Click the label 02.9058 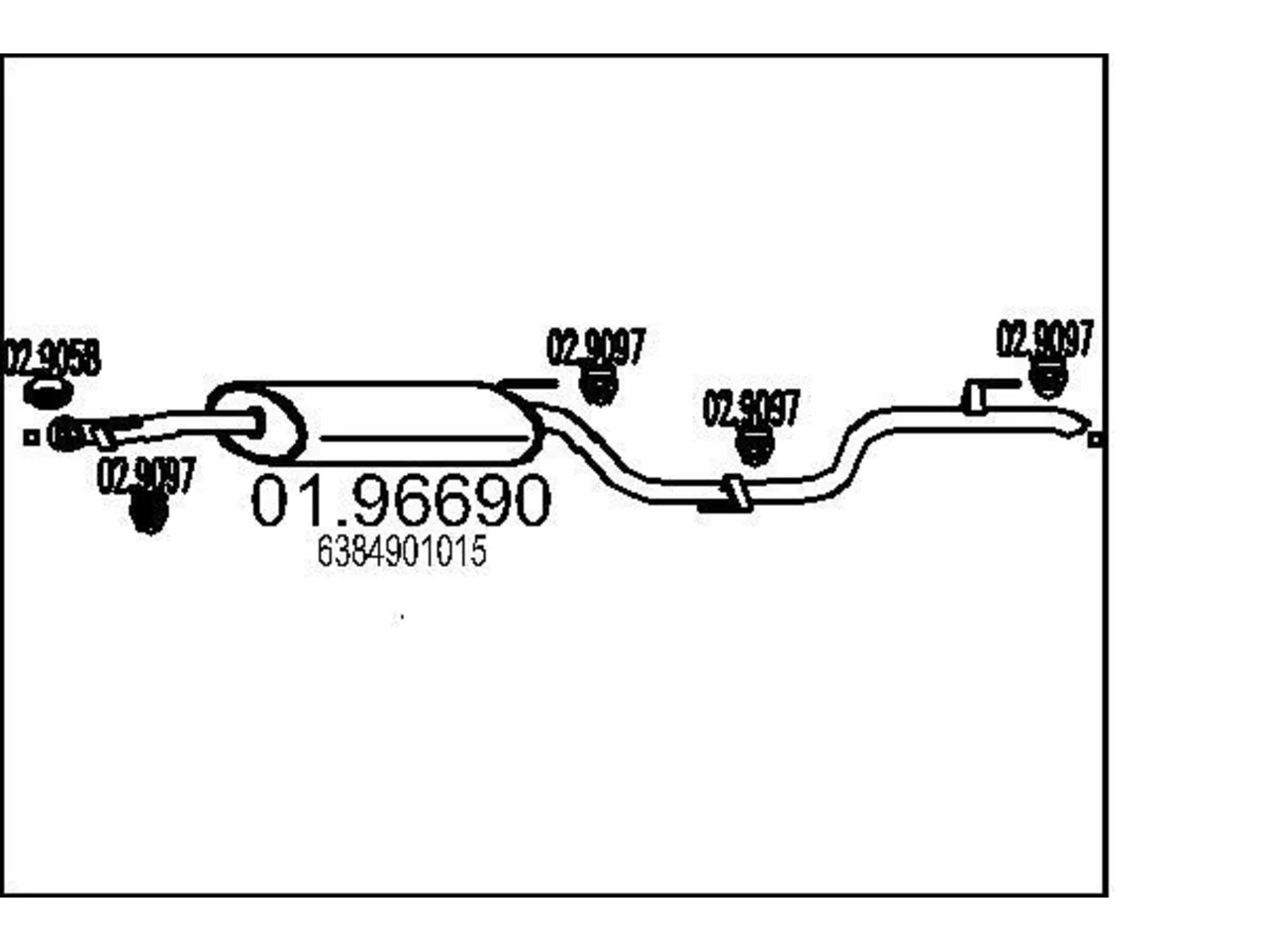coord(51,357)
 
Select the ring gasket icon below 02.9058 coord(48,393)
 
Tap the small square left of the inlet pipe coord(31,437)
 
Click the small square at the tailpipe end coord(1095,439)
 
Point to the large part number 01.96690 coord(401,500)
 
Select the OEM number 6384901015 coord(402,551)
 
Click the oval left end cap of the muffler coord(256,424)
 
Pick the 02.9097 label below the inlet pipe coord(146,475)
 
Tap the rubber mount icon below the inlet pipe coord(148,513)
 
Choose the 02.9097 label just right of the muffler coord(596,346)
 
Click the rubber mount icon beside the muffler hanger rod coord(599,384)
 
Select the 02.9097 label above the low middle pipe coord(751,408)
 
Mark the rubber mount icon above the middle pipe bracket coord(755,445)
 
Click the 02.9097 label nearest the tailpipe coord(1044,338)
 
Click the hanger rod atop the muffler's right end coord(529,384)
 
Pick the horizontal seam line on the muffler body coord(424,439)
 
